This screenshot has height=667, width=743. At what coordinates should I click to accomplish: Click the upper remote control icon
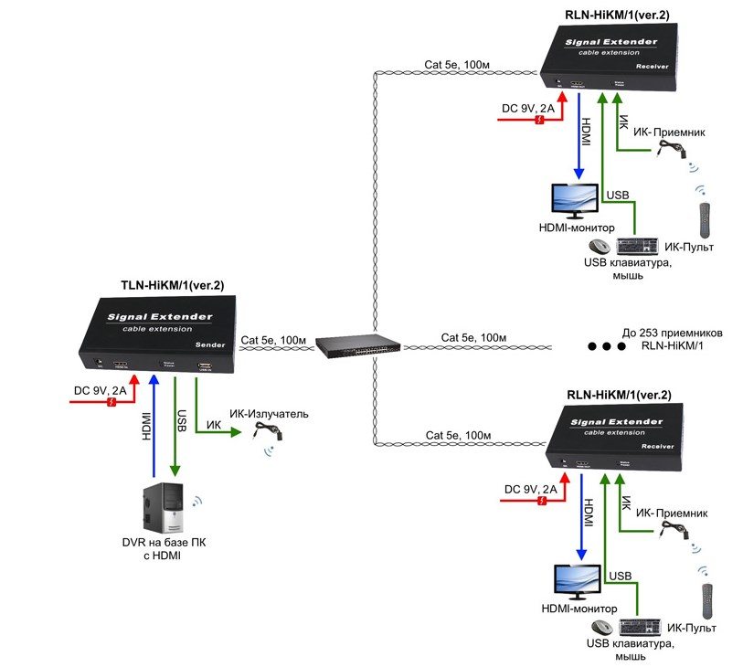coord(705,218)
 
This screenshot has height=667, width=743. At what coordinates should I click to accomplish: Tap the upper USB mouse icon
coord(599,247)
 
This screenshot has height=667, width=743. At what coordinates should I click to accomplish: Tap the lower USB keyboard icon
coord(638,627)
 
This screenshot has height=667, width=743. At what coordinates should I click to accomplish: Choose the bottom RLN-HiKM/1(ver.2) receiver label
coord(620,394)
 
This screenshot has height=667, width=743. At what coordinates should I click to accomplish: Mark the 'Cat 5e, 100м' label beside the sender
coord(272,339)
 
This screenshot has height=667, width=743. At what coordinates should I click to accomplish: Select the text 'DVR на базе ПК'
coord(165,543)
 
